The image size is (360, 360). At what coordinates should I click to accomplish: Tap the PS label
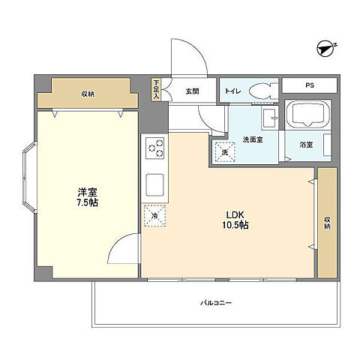(310, 85)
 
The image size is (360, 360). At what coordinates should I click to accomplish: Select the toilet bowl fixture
(263, 90)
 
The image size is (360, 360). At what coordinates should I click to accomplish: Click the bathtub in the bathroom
(308, 114)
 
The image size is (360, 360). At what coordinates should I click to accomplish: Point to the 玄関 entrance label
(192, 91)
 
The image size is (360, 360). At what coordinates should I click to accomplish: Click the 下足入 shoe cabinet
(156, 90)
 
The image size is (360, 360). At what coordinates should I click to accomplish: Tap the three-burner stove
(155, 148)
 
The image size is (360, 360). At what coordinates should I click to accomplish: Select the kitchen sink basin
(154, 184)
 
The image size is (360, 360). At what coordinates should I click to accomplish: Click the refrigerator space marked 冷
(154, 215)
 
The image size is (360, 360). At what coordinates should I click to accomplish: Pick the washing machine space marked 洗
(225, 152)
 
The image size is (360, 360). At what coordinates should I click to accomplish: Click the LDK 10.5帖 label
(235, 220)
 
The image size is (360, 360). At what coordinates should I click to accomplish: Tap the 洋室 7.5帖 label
(87, 197)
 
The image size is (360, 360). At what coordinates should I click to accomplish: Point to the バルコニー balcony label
(216, 303)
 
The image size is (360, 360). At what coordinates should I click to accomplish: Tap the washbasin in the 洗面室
(269, 118)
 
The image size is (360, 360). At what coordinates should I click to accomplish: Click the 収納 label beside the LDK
(327, 223)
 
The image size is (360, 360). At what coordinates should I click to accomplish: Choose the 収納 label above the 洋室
(88, 94)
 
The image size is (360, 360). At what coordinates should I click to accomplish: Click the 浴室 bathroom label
(307, 145)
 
